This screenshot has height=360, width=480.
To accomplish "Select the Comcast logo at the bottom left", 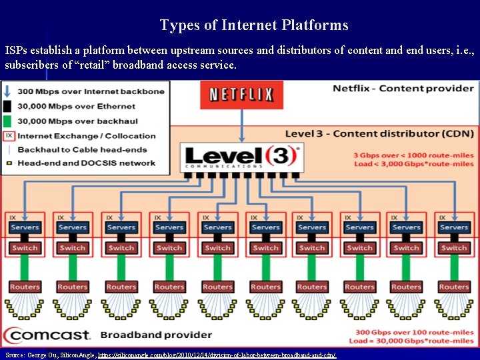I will click(x=48, y=335).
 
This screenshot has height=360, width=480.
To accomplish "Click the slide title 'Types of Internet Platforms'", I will click(x=254, y=25).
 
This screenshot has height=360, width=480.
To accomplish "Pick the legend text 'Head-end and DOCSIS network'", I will click(x=86, y=163).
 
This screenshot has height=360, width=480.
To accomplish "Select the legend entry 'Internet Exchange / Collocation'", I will click(x=86, y=135).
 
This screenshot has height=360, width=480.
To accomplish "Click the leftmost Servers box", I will click(x=25, y=227).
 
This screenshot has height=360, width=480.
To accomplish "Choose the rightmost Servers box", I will click(x=454, y=227).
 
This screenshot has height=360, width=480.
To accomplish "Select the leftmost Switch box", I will click(x=25, y=248).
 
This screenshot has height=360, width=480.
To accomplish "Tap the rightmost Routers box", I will click(x=454, y=287).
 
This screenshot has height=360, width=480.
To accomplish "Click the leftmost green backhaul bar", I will click(x=25, y=267).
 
